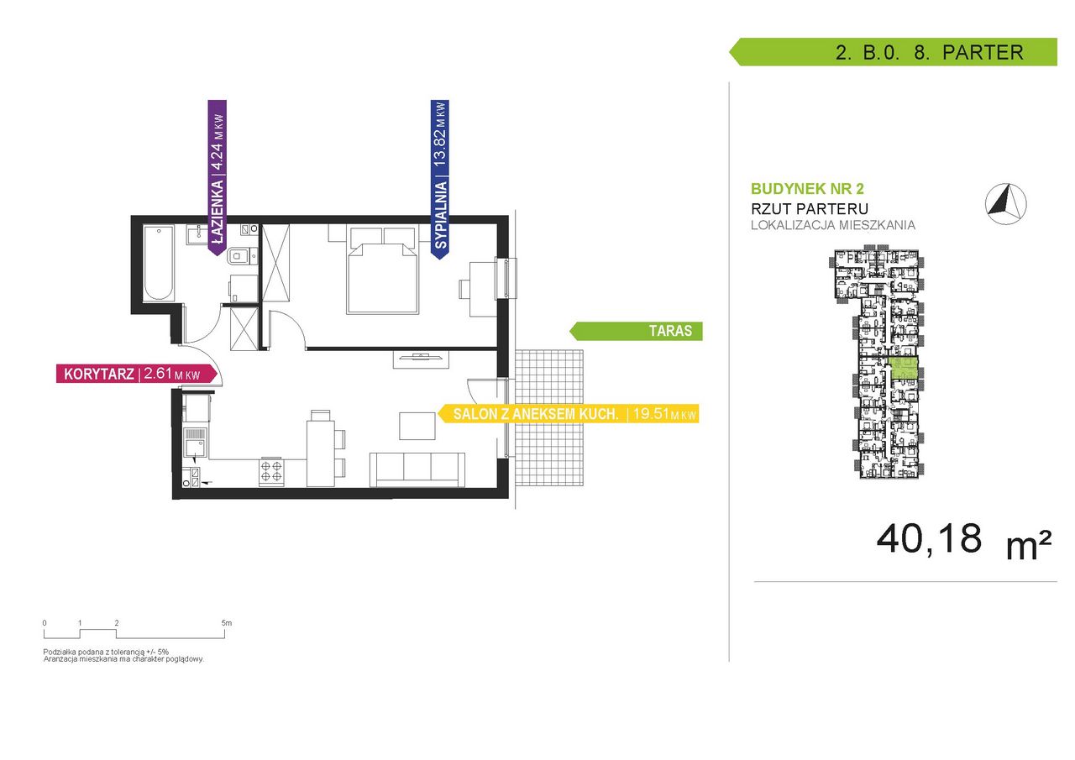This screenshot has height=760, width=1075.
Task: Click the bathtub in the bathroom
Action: coord(158,263)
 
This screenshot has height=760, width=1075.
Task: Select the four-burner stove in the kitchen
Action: coord(271,471)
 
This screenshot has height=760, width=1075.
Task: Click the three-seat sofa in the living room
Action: coord(417,469)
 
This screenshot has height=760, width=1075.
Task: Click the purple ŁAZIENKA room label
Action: coord(217,176)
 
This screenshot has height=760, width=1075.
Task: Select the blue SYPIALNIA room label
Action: coord(439,179)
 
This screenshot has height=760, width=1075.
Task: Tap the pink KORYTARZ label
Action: coord(137,374)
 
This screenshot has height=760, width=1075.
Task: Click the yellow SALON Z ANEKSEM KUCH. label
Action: coord(569,413)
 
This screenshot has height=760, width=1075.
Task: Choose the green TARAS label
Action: coord(636,331)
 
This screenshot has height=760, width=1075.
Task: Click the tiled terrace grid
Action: coord(549,418)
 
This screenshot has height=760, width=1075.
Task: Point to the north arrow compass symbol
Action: coord(1006,203)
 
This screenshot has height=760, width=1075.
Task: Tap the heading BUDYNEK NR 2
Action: coord(807,189)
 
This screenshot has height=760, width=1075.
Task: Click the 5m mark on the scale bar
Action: coord(226,623)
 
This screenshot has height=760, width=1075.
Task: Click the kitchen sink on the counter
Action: coord(196,443)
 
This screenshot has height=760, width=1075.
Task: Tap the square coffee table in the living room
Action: coord(417,426)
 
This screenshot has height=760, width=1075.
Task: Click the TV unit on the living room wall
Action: coord(421,359)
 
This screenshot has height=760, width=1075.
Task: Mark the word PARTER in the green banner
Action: coord(983,52)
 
